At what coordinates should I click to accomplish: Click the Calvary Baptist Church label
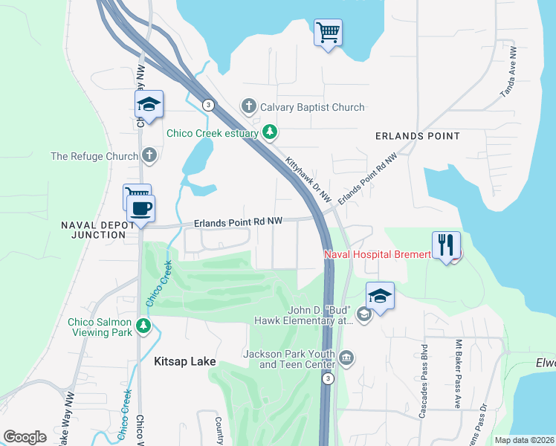click(x=312, y=107)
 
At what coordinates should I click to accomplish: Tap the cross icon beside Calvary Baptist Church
click(x=249, y=107)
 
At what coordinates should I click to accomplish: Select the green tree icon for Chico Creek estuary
click(x=271, y=134)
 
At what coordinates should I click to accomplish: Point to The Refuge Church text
click(x=94, y=156)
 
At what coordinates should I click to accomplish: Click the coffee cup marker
click(x=140, y=208)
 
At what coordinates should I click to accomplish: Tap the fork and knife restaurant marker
click(x=446, y=245)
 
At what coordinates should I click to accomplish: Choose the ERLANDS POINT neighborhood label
click(x=417, y=136)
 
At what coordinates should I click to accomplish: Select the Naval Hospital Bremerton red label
click(x=378, y=255)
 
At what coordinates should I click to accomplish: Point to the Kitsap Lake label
click(x=184, y=362)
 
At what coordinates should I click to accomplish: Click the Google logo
click(x=25, y=437)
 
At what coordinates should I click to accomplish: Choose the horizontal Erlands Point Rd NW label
click(x=239, y=222)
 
